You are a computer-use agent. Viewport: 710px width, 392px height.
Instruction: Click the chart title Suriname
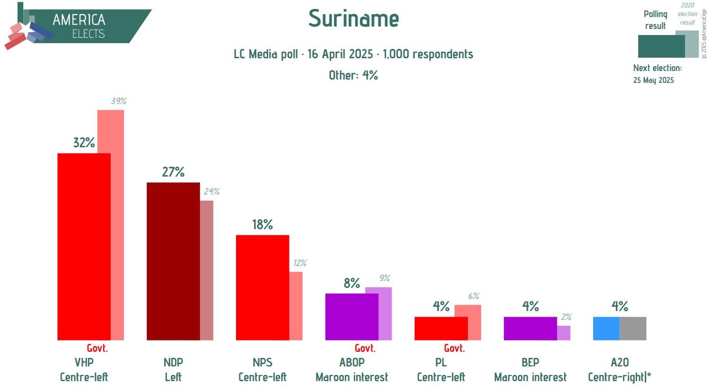point(353,19)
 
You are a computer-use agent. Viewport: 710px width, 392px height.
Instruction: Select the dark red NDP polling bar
point(173,260)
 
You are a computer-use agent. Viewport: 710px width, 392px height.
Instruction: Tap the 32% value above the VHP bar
point(84,143)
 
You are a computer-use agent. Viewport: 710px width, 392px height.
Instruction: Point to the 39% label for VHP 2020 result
point(119,101)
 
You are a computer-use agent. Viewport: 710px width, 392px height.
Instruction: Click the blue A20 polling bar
point(606,328)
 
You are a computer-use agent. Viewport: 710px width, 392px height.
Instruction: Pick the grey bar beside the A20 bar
point(633,328)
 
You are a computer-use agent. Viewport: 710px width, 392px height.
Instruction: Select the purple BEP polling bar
point(530,328)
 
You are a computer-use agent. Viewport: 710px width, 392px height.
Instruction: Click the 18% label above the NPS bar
point(263,224)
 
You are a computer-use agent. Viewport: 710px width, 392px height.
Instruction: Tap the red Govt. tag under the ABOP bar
point(365,348)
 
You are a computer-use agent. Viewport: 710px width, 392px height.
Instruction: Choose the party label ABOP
point(352,363)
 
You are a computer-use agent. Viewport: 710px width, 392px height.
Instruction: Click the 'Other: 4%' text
point(353,75)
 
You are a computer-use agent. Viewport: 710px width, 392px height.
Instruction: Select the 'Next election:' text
point(657,68)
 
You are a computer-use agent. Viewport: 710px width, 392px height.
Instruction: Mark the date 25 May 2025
point(653,80)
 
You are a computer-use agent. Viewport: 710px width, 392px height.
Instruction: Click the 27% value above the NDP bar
point(173,172)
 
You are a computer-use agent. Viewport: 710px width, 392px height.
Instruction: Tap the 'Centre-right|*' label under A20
point(619,377)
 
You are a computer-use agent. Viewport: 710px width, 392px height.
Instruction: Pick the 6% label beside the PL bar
point(473,296)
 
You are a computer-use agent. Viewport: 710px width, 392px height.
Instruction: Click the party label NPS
point(263,363)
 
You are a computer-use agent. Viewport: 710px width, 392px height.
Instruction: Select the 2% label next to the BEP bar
point(566,317)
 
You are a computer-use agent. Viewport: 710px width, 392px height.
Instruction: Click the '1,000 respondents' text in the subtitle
point(428,54)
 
